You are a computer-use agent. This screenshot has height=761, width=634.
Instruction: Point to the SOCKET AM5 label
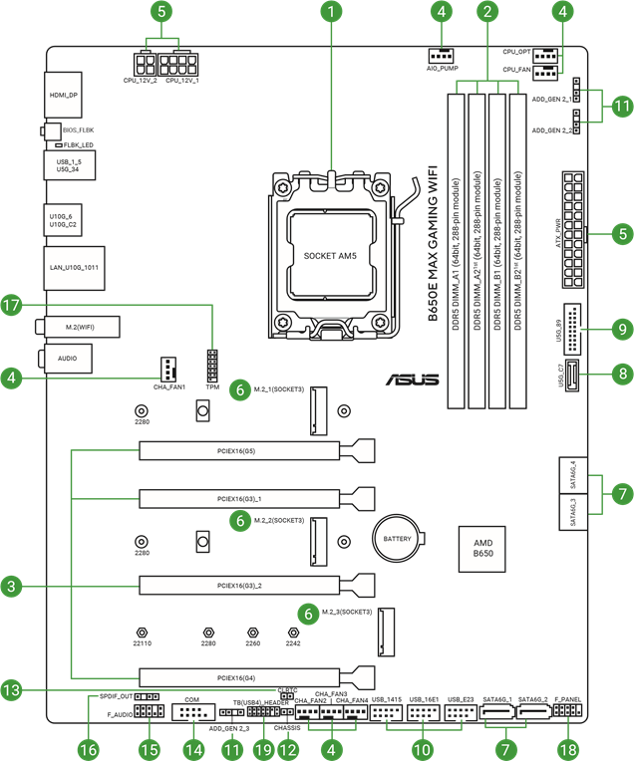(328, 256)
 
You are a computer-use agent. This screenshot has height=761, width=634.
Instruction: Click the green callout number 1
(332, 13)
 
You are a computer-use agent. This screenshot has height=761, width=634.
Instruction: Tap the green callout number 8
(622, 375)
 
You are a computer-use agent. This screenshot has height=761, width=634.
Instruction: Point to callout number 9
(622, 327)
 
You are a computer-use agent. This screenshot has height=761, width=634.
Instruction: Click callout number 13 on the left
(12, 688)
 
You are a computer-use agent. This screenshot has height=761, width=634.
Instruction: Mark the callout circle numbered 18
(568, 748)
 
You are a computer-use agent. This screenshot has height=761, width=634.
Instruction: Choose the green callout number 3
(12, 587)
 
